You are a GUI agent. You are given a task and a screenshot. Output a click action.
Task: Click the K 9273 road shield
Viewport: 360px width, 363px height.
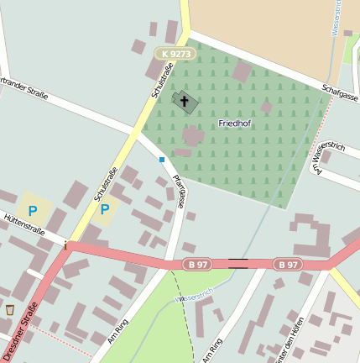pyautogui.click(x=175, y=54)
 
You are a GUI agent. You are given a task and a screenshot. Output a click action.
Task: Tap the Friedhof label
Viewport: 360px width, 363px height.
pyautogui.click(x=236, y=124)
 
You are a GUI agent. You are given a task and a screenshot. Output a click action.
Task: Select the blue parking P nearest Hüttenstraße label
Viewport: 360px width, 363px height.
pyautogui.click(x=33, y=210)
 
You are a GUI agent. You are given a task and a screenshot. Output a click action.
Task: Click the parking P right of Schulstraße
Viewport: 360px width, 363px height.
pyautogui.click(x=105, y=209)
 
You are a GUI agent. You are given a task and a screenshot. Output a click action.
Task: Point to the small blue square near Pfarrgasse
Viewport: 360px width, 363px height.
pyautogui.click(x=162, y=159)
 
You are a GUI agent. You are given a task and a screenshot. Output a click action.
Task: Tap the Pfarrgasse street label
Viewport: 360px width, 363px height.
pyautogui.click(x=179, y=188)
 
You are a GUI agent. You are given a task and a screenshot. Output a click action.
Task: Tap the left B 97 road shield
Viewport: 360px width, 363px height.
pyautogui.click(x=197, y=265)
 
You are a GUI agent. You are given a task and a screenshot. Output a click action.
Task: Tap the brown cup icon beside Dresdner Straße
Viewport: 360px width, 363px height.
pyautogui.click(x=10, y=310)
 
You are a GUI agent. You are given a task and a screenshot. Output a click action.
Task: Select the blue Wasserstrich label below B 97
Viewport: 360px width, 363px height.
pyautogui.click(x=195, y=295)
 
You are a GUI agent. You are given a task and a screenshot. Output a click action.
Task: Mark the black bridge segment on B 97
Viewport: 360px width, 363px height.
pyautogui.click(x=238, y=264)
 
